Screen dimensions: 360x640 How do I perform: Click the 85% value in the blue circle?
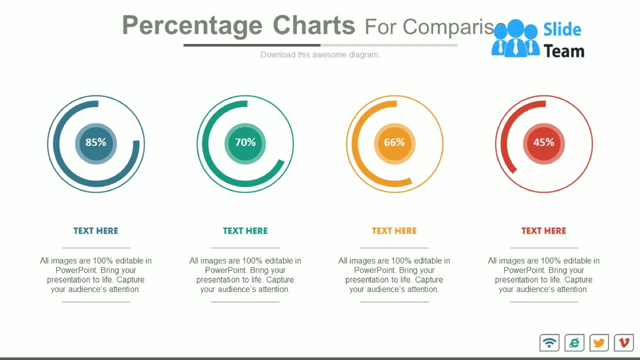(95, 142)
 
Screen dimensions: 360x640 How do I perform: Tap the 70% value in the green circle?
(245, 142)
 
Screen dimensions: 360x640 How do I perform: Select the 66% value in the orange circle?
(394, 142)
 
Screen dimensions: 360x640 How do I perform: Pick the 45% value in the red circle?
(543, 142)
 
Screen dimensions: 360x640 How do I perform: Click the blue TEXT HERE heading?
(95, 230)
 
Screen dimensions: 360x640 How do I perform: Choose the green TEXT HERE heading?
(245, 230)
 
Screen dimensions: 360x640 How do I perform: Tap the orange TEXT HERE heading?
(394, 230)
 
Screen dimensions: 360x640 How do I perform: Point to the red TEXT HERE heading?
(543, 230)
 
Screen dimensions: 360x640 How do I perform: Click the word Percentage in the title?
(192, 26)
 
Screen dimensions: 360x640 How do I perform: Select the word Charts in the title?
(314, 25)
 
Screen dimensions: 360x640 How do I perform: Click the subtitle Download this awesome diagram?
(320, 54)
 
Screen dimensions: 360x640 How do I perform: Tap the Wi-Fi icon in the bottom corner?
(549, 342)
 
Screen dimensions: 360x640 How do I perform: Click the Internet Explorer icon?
(574, 342)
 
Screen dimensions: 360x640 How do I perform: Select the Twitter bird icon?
(599, 342)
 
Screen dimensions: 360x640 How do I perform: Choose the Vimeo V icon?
(624, 342)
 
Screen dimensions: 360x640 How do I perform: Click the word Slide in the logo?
(562, 29)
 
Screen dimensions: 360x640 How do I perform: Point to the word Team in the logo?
(564, 51)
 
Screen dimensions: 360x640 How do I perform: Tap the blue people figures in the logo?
(515, 39)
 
